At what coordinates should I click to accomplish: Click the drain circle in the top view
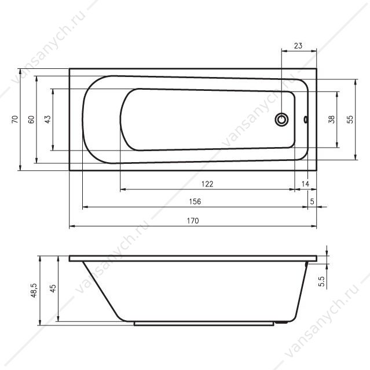coord(281,120)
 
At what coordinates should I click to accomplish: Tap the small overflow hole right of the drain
coord(306,120)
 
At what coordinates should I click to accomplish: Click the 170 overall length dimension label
coord(193,221)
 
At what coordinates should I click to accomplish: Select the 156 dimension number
coord(195,202)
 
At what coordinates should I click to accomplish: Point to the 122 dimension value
coord(207,184)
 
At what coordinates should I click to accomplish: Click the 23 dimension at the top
coord(298,46)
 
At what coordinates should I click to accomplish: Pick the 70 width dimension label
coord(14,119)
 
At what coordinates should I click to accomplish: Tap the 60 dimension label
coord(31,119)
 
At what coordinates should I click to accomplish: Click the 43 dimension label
coord(47,119)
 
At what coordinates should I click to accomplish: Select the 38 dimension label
coord(331,119)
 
